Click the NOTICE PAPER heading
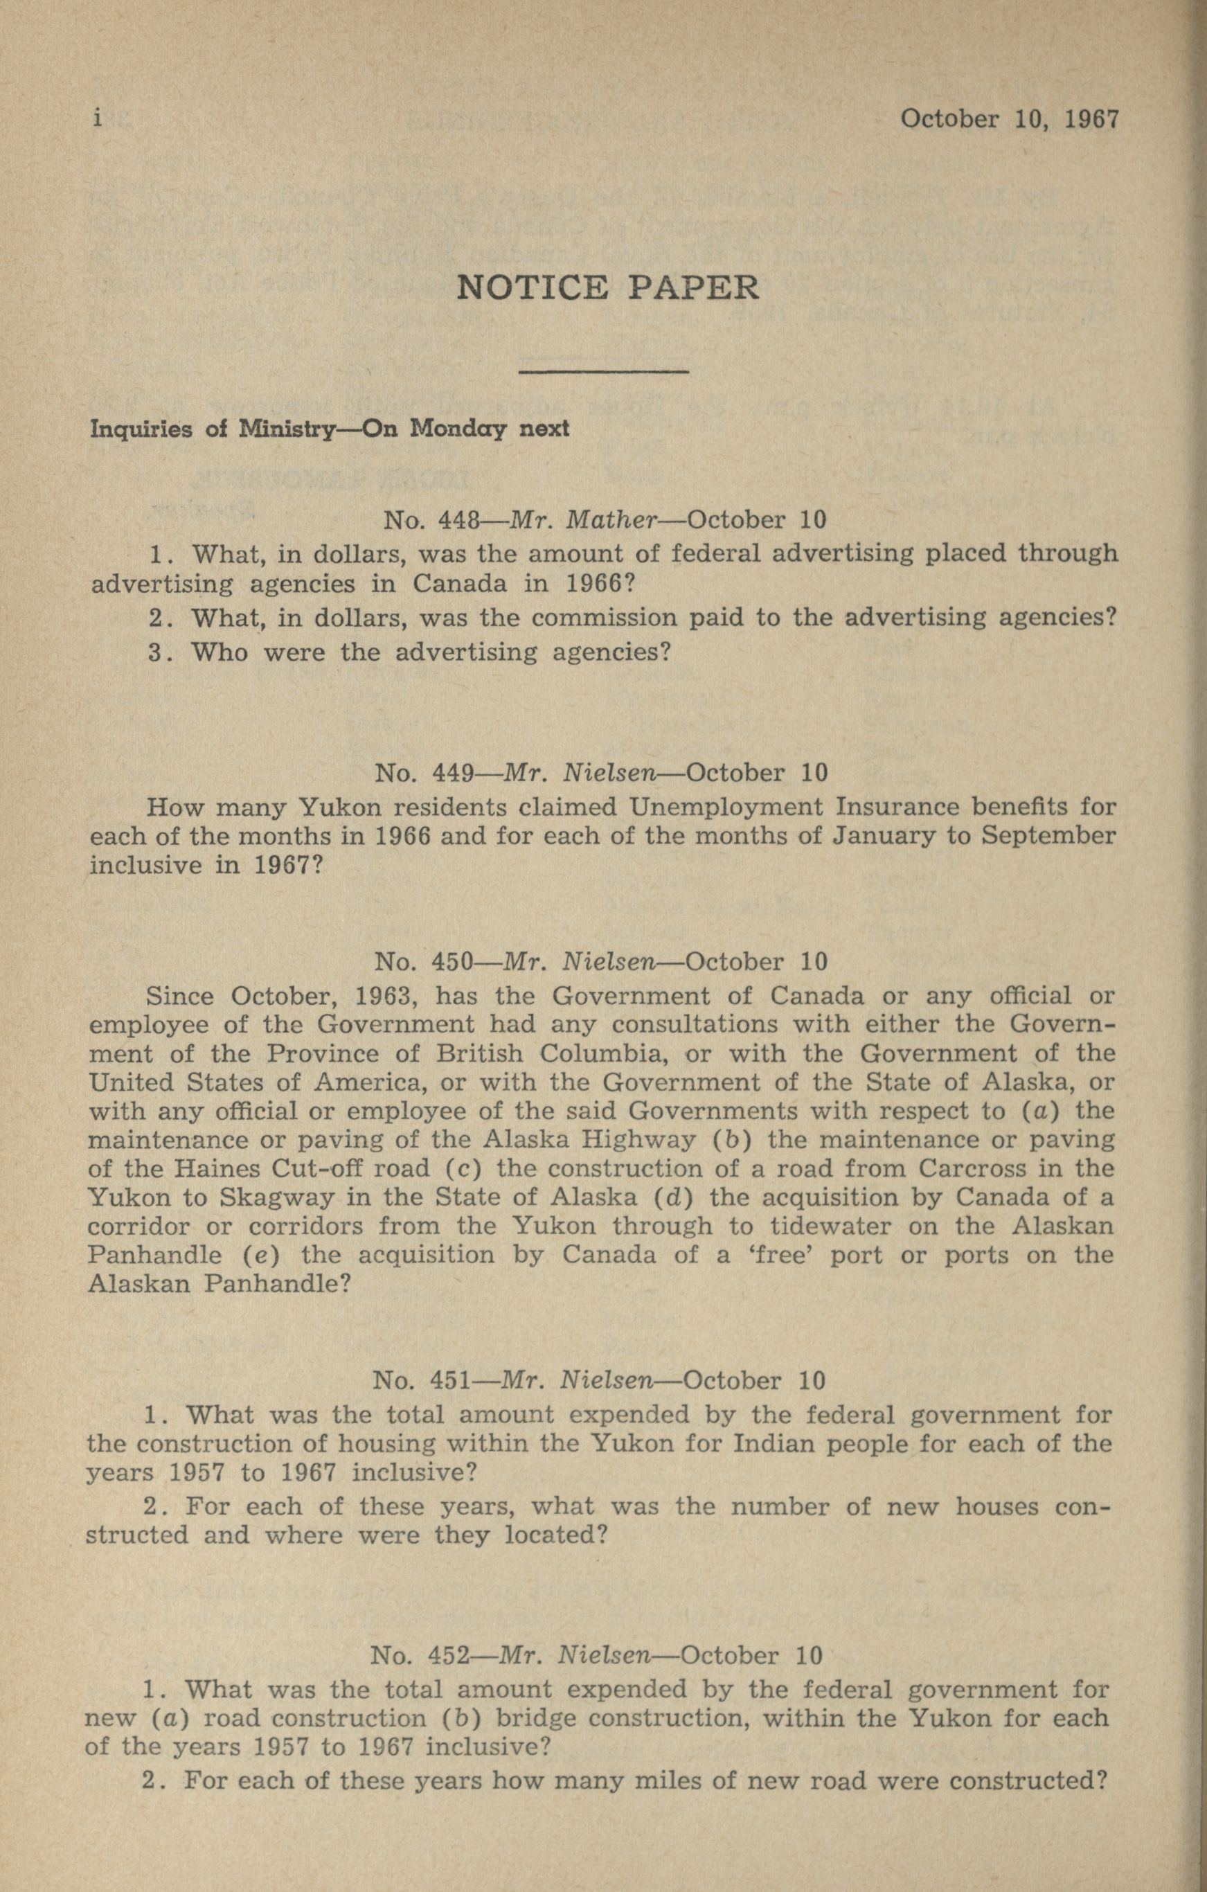coord(607,288)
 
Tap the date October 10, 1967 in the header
coord(1009,119)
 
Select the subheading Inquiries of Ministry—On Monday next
coord(330,429)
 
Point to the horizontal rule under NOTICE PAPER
coord(604,371)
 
